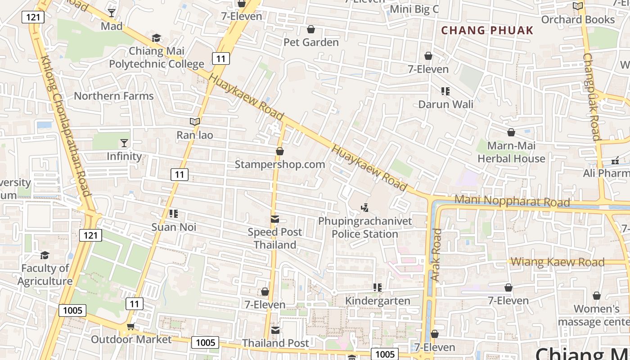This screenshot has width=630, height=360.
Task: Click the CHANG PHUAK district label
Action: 487,31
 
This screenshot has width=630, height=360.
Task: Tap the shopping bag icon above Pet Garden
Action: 310,30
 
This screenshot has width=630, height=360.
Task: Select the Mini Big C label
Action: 414,9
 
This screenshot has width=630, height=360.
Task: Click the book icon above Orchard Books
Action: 578,6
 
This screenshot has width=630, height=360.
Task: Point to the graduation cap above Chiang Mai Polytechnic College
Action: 156,38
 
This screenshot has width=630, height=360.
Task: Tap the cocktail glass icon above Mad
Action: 112,13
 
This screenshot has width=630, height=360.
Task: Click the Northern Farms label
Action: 114,96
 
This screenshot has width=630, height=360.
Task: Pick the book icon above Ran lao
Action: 195,121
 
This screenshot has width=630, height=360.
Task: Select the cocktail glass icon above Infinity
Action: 124,143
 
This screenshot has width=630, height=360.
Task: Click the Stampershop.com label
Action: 280,164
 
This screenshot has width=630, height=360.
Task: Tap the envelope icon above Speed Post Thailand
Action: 275,219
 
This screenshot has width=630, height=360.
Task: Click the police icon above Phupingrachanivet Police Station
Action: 365,208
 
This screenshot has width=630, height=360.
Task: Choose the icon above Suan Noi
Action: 174,214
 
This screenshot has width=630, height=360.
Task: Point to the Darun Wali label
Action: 445,104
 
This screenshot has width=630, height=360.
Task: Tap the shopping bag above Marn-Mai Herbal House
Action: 511,132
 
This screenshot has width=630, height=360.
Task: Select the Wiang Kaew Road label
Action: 558,262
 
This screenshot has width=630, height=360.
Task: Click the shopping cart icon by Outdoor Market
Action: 130,326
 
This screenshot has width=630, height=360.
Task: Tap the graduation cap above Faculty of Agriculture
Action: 45,256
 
